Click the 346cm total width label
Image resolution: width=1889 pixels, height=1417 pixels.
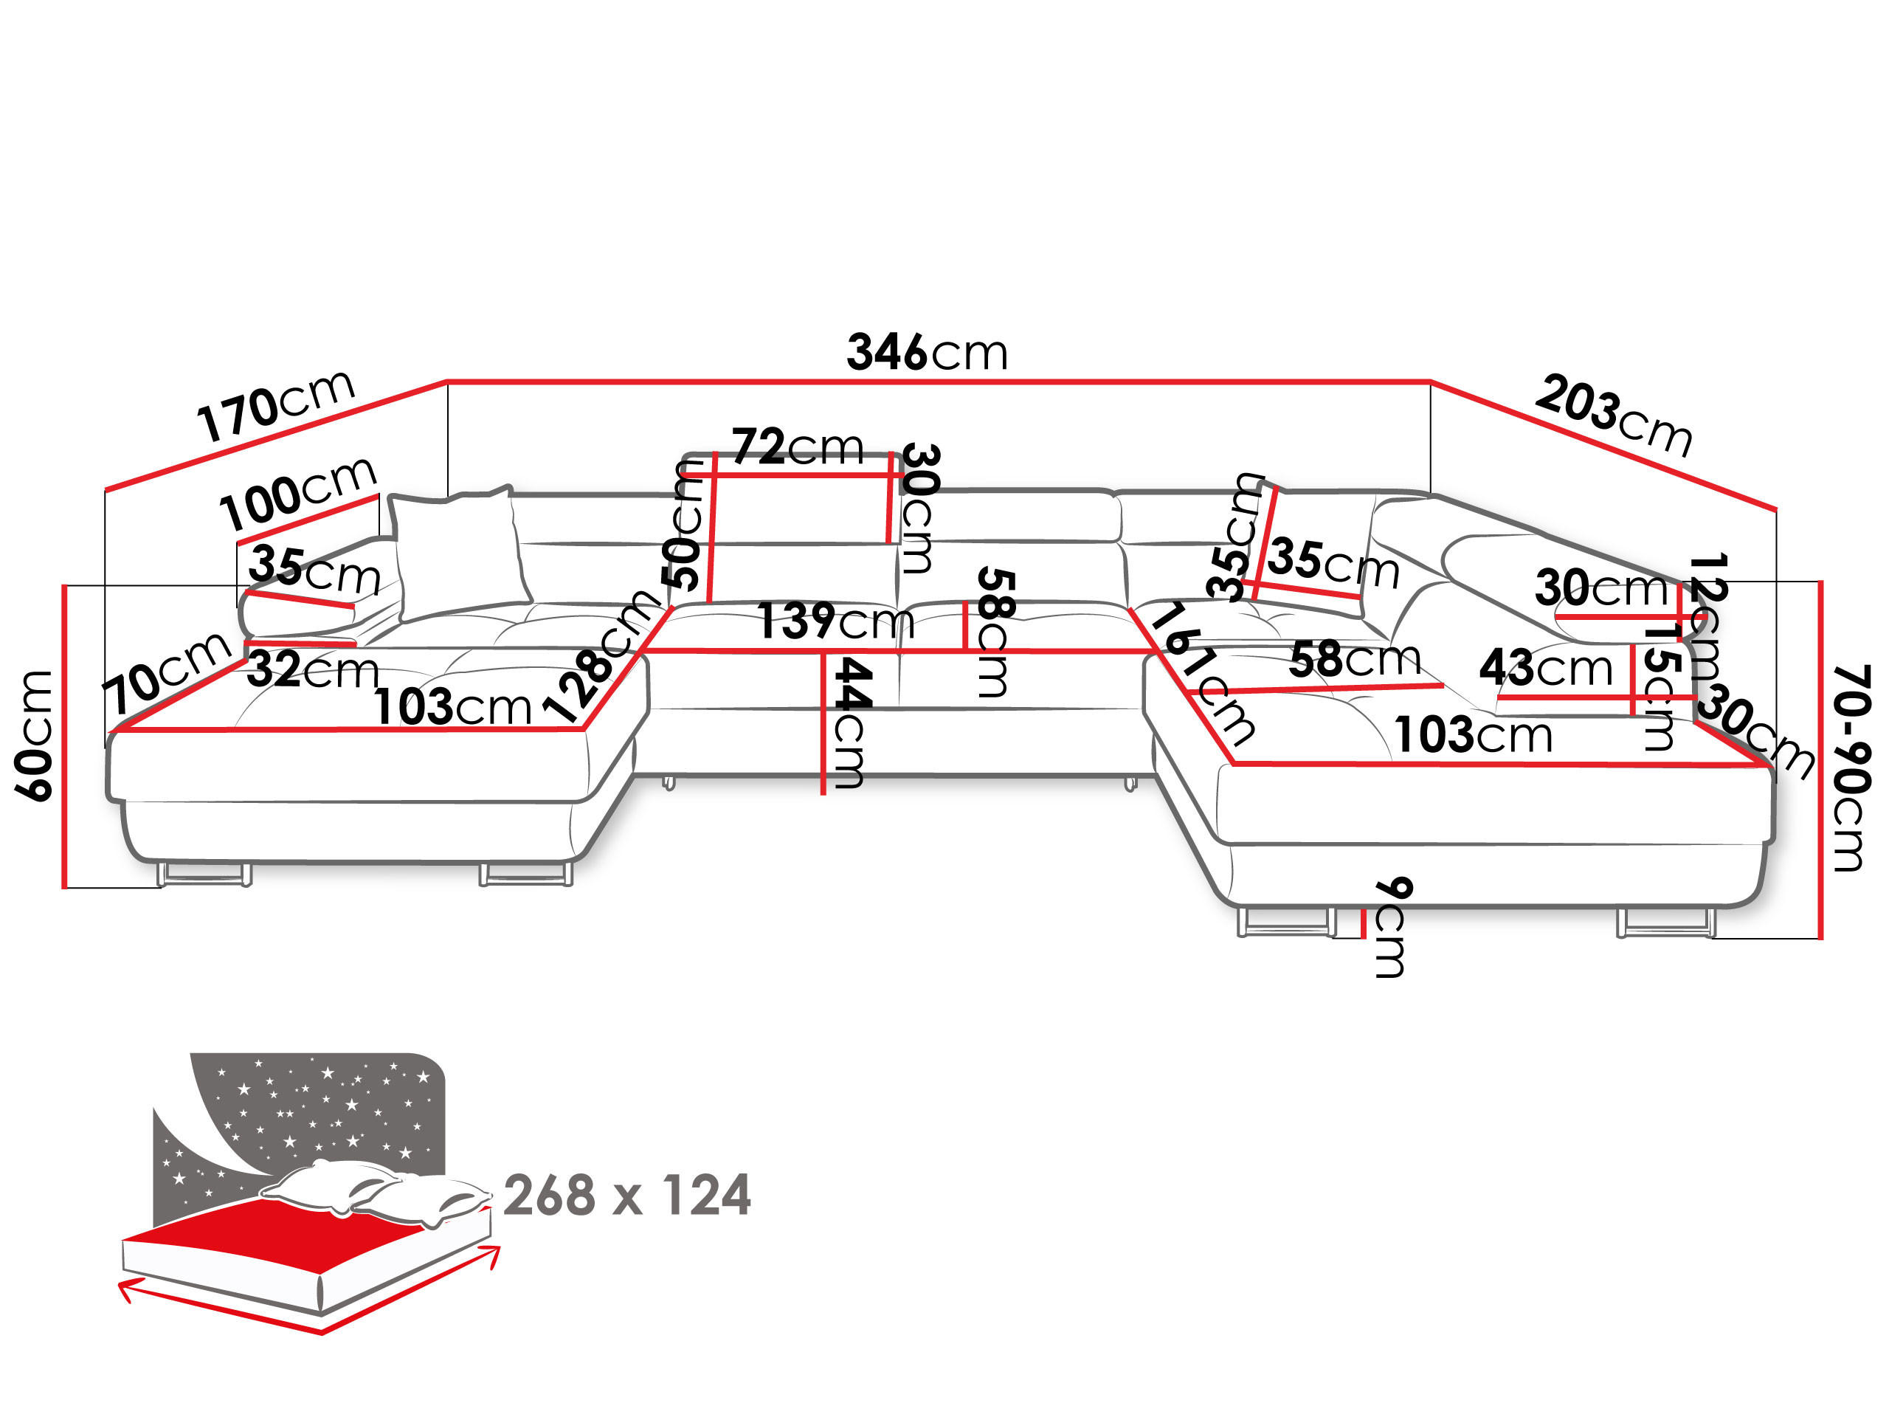[x=928, y=352]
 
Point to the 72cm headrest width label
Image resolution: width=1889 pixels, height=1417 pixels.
[x=798, y=446]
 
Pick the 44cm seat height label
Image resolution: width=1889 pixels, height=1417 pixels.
[x=851, y=723]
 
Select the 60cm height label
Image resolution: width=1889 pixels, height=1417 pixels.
[x=36, y=734]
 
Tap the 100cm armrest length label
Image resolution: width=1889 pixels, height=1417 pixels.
[x=298, y=494]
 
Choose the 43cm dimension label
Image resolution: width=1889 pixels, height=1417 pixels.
[x=1546, y=667]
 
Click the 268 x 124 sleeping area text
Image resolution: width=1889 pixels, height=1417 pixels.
[x=626, y=1195]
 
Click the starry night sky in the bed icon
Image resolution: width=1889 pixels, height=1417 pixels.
[x=325, y=1111]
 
